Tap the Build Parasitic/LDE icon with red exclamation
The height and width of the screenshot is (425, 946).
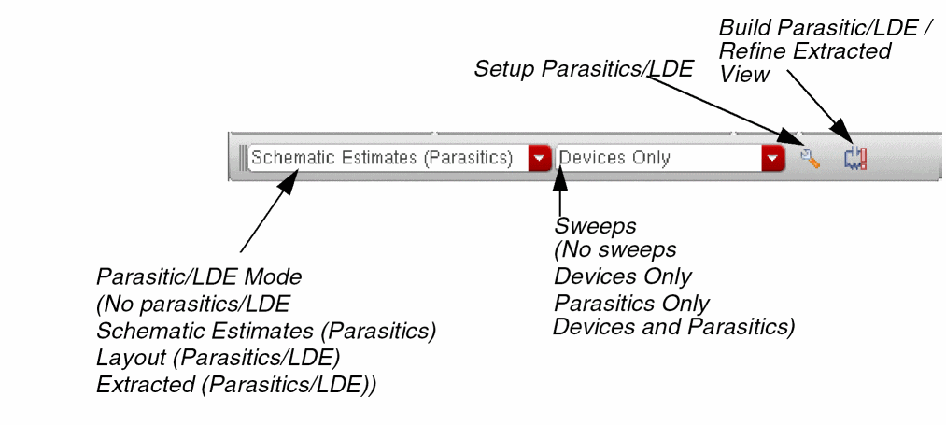pyautogui.click(x=854, y=159)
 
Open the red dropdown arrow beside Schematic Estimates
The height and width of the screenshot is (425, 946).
pyautogui.click(x=539, y=158)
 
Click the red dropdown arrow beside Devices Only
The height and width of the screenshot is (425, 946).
pyautogui.click(x=772, y=158)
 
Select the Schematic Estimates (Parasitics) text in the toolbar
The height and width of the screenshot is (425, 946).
pyautogui.click(x=382, y=158)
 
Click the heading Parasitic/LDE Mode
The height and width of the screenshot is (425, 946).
pyautogui.click(x=200, y=277)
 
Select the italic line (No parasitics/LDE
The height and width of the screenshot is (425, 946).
pyautogui.click(x=194, y=304)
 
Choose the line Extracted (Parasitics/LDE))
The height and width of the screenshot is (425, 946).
pyautogui.click(x=236, y=384)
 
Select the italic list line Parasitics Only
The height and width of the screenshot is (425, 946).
pyautogui.click(x=631, y=304)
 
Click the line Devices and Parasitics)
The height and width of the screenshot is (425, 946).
pyautogui.click(x=673, y=327)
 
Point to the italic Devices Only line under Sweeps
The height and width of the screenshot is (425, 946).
pyautogui.click(x=623, y=277)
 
